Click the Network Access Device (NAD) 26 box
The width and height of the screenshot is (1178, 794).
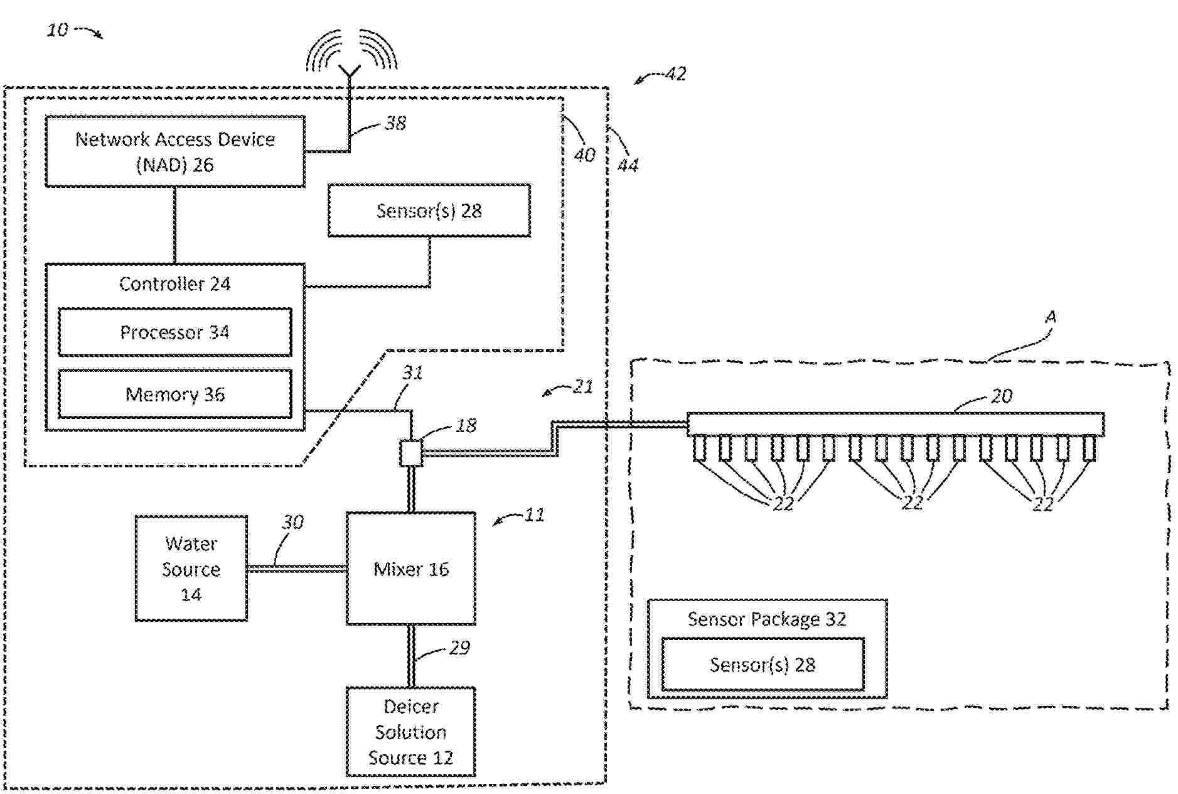point(175,151)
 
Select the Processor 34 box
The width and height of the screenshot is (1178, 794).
point(175,332)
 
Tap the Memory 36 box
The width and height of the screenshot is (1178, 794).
point(175,394)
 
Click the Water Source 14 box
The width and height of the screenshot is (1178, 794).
point(191,568)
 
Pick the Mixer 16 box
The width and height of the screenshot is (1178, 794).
point(411,568)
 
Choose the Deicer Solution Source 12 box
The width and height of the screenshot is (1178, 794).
point(411,732)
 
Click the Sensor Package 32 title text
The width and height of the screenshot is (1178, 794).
point(767,619)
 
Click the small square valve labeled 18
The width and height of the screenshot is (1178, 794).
point(411,453)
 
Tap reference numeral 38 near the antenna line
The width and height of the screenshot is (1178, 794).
point(395,123)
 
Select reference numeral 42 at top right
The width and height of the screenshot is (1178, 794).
point(675,74)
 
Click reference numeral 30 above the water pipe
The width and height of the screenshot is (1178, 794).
point(292,522)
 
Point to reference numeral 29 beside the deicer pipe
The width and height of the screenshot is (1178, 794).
point(459,648)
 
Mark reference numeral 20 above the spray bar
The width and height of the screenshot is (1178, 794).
point(1002,396)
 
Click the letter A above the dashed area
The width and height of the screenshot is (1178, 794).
point(1051,317)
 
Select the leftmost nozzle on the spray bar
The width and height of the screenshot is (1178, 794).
point(700,449)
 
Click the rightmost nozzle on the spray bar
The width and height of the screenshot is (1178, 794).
point(1089,449)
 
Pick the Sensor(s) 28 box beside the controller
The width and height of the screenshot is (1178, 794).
point(429,210)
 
